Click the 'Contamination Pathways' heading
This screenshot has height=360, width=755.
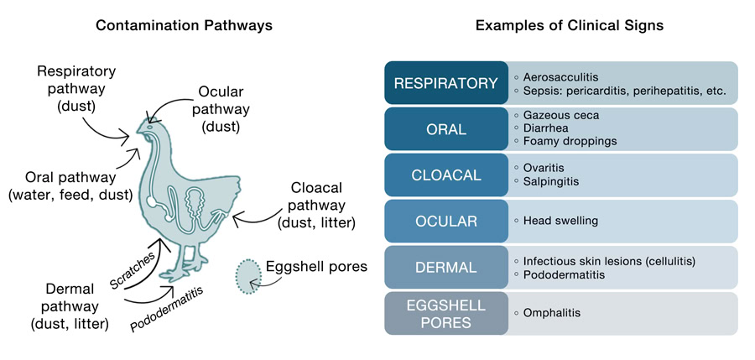[x=184, y=25]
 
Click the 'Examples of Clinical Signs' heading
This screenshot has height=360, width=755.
[x=570, y=25]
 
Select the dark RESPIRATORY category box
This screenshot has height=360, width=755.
[x=446, y=83]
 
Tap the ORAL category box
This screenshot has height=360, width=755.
[x=446, y=129]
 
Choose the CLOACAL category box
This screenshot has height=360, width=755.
[x=446, y=175]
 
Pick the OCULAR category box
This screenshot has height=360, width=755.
[x=446, y=222]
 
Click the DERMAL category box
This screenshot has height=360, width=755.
[x=446, y=268]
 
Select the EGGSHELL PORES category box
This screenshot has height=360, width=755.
[x=446, y=313]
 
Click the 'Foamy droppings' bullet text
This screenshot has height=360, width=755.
[x=570, y=141]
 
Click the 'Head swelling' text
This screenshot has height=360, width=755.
[x=560, y=222]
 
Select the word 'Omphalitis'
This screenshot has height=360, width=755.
[x=551, y=313]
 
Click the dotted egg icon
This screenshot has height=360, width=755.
[x=248, y=274]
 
